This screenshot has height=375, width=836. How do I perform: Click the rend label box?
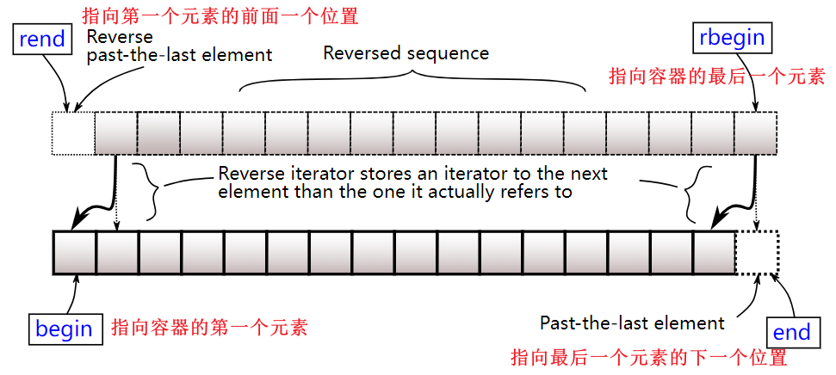tap(41, 39)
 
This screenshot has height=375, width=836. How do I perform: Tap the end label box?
tap(791, 332)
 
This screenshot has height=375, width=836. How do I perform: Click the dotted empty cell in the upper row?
tap(73, 133)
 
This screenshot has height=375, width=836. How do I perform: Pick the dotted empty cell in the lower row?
tap(757, 253)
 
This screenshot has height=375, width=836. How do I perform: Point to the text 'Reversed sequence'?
tap(406, 53)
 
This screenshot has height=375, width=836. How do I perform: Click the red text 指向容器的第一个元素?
tap(209, 327)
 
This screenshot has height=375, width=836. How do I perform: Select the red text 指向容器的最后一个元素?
tap(716, 77)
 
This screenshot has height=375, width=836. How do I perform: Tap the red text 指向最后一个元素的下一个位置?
tap(649, 358)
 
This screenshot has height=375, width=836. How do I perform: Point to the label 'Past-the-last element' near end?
tap(632, 323)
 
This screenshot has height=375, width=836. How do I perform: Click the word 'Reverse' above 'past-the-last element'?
tap(120, 37)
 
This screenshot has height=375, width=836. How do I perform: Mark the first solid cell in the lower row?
tap(74, 253)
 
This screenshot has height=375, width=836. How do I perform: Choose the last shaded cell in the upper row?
tap(755, 133)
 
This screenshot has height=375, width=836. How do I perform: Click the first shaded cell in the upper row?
tap(115, 133)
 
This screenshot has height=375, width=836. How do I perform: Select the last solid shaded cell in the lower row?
tap(715, 253)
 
